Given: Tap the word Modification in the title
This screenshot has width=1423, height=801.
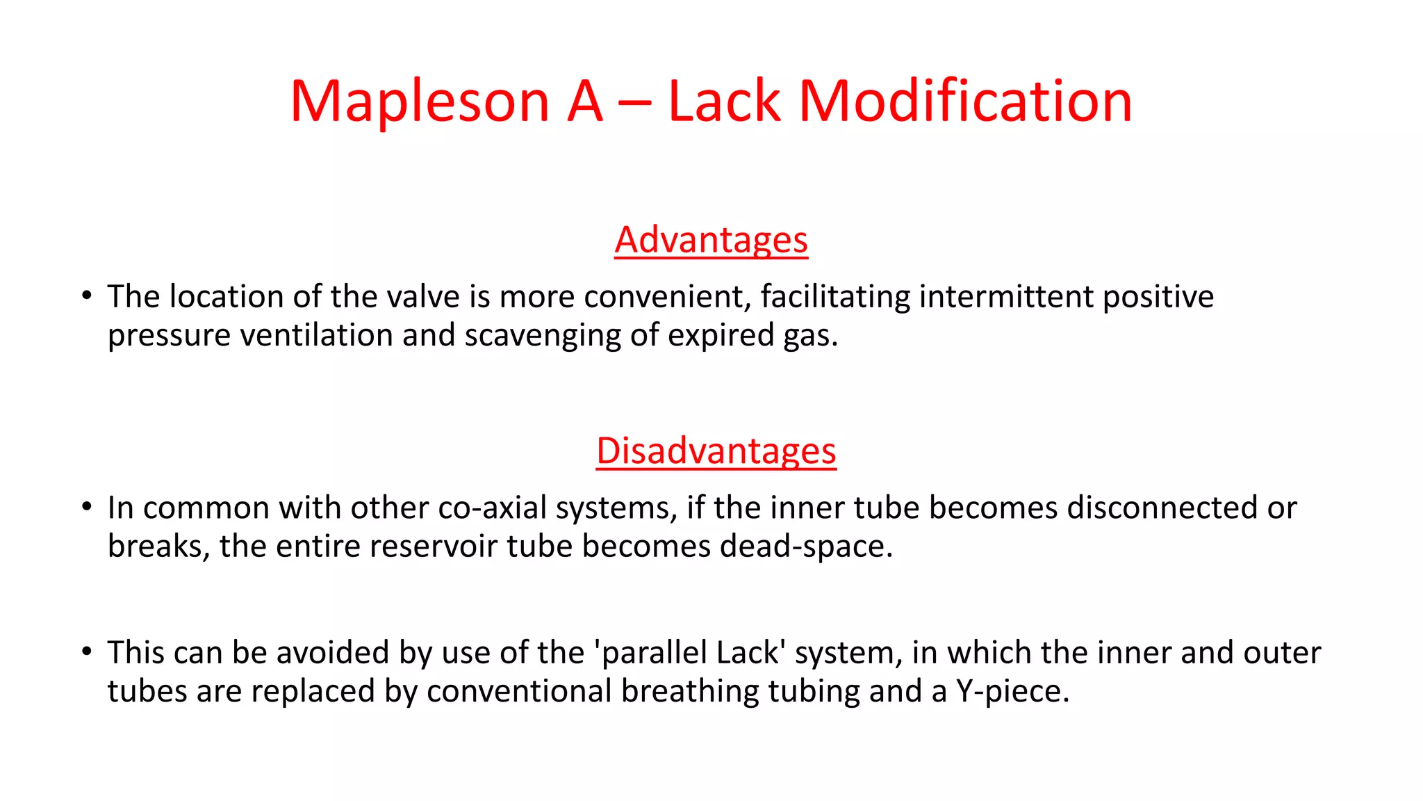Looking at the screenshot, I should [966, 102].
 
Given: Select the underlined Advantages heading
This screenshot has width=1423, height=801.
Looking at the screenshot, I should [711, 240].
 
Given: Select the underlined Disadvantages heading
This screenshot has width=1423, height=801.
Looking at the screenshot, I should [716, 451].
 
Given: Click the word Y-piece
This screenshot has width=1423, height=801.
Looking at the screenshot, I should [1012, 692].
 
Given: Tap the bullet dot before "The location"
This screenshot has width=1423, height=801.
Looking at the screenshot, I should [86, 296].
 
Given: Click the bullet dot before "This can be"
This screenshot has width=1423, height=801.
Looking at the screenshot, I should [86, 652].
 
